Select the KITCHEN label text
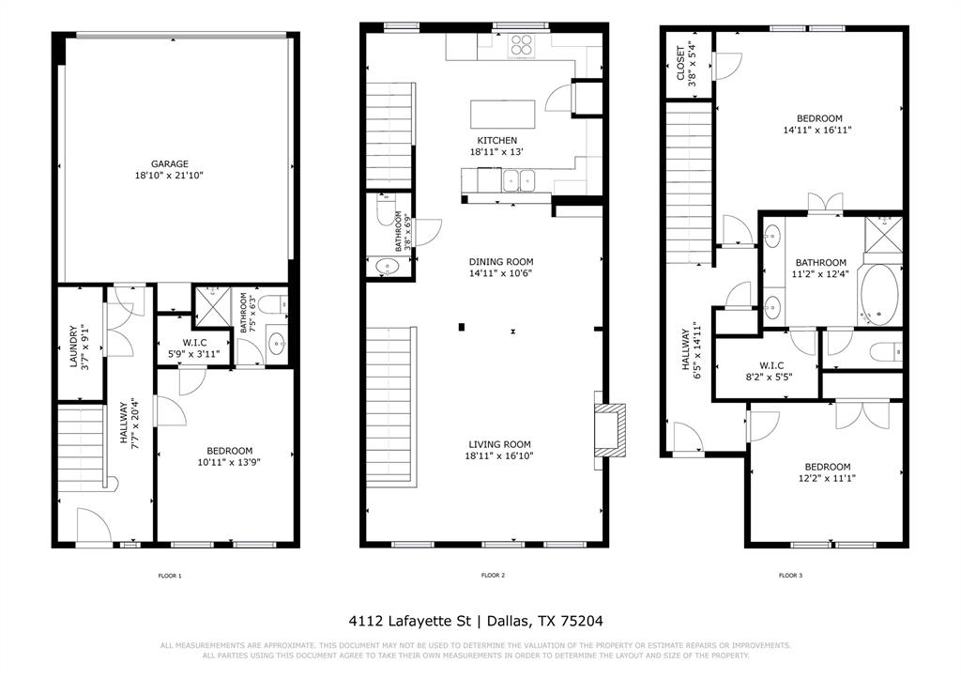[496, 140]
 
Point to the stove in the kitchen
[521, 46]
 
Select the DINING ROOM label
[501, 262]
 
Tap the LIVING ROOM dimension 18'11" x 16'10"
[501, 456]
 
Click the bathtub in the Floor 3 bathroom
[878, 293]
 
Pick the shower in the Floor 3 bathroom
[881, 235]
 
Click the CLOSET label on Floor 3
[680, 64]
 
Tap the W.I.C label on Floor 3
[771, 364]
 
